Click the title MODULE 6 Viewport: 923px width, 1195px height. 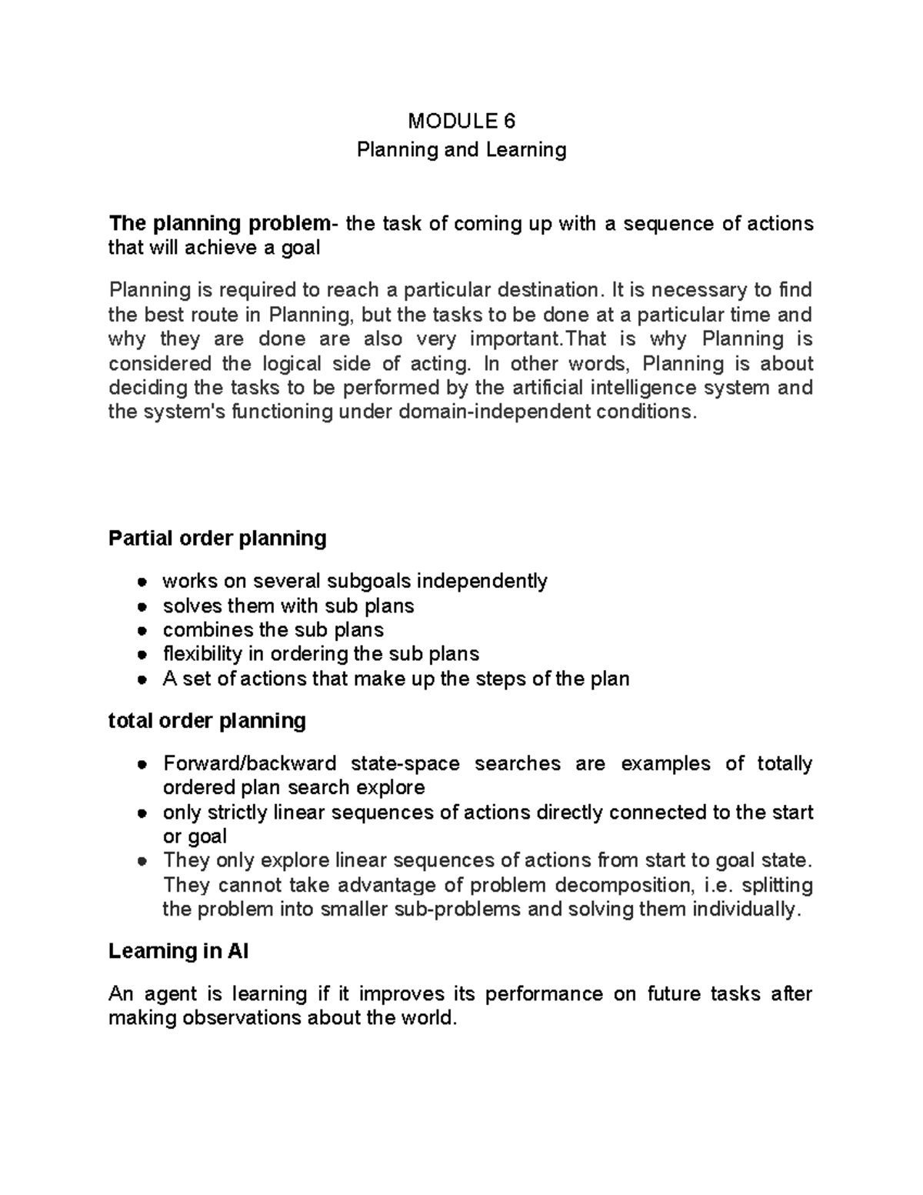(x=461, y=121)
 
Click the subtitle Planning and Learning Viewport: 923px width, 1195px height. (x=461, y=149)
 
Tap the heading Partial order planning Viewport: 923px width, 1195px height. (x=218, y=538)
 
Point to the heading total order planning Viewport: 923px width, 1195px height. (x=207, y=721)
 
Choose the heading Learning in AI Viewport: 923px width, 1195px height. (x=178, y=952)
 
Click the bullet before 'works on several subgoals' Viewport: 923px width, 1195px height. (x=142, y=582)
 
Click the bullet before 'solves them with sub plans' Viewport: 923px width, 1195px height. (x=142, y=606)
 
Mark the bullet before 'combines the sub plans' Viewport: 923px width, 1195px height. (x=142, y=630)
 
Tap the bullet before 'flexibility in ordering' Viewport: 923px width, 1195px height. (x=142, y=655)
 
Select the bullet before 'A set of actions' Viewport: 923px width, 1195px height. (x=142, y=679)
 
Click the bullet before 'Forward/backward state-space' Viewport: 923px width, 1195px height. (x=142, y=764)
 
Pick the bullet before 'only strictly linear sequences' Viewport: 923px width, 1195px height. (x=142, y=813)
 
